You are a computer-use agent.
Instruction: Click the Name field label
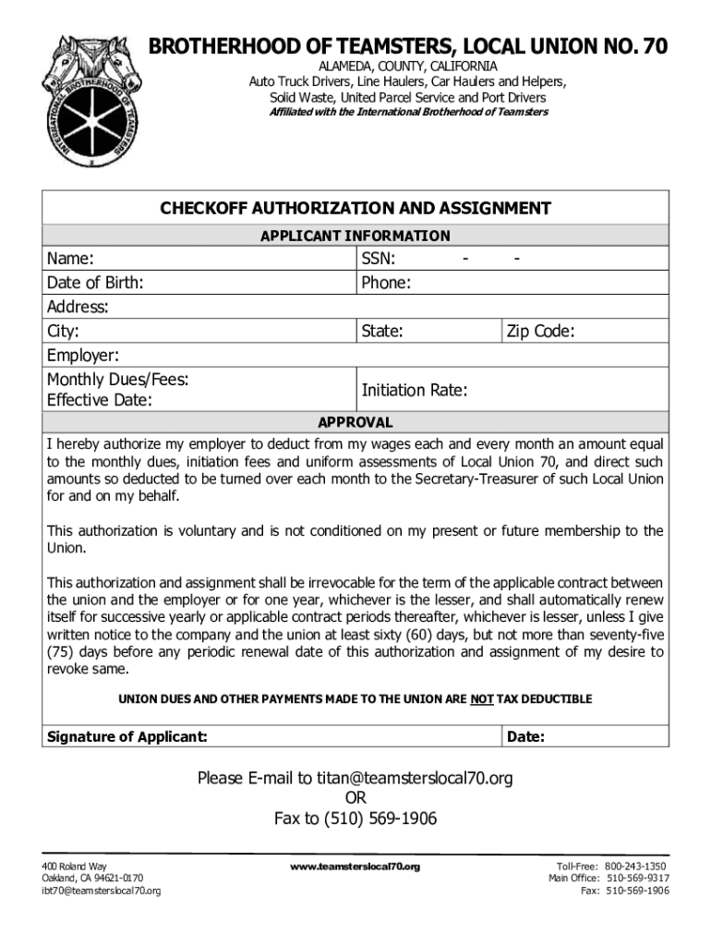pyautogui.click(x=70, y=259)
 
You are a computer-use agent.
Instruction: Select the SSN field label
pyautogui.click(x=380, y=259)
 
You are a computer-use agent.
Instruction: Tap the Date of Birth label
pyautogui.click(x=95, y=283)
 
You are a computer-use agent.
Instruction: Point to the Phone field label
pyautogui.click(x=386, y=283)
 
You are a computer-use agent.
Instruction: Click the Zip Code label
pyautogui.click(x=540, y=331)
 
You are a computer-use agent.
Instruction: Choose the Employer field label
pyautogui.click(x=83, y=356)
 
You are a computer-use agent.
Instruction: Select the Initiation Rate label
pyautogui.click(x=415, y=391)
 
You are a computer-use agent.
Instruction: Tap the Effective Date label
pyautogui.click(x=100, y=400)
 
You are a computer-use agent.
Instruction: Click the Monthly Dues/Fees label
pyautogui.click(x=118, y=379)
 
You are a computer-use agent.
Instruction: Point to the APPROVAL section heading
pyautogui.click(x=355, y=422)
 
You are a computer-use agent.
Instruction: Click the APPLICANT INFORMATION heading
pyautogui.click(x=355, y=236)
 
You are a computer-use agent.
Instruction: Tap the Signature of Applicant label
pyautogui.click(x=127, y=736)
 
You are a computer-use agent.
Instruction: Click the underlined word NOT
pyautogui.click(x=481, y=699)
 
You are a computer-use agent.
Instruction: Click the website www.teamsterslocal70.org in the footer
pyautogui.click(x=355, y=867)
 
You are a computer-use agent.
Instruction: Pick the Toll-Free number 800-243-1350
pyautogui.click(x=637, y=866)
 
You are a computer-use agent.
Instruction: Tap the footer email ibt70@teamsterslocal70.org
pyautogui.click(x=102, y=891)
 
